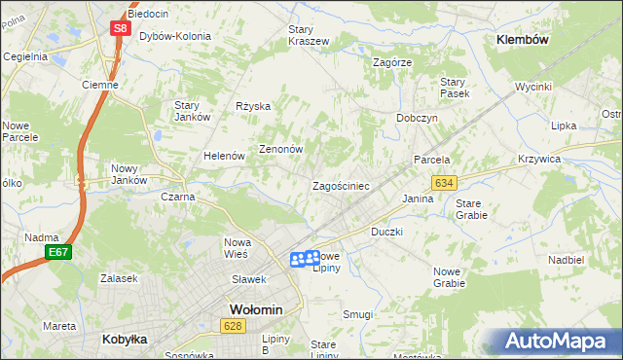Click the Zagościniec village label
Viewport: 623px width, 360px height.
(x=340, y=185)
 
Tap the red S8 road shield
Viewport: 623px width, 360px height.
(x=119, y=28)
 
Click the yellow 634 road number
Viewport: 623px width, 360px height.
(x=444, y=183)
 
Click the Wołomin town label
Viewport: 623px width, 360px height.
(x=255, y=309)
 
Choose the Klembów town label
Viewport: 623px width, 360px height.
(x=523, y=40)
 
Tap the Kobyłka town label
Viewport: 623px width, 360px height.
(x=125, y=340)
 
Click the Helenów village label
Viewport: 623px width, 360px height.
(x=223, y=156)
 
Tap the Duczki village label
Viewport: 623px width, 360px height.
(x=386, y=233)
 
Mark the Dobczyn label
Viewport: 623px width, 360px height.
(x=417, y=117)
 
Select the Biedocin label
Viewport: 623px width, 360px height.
(x=148, y=14)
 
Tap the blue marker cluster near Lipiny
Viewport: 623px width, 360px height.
(x=306, y=258)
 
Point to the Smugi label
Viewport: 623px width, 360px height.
(x=358, y=314)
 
